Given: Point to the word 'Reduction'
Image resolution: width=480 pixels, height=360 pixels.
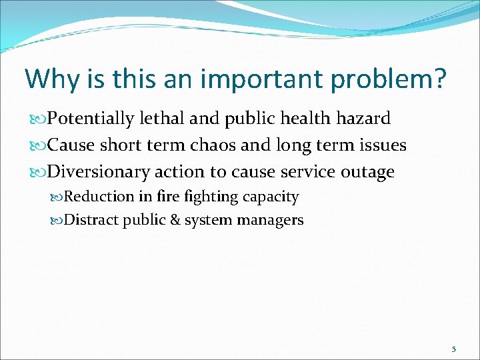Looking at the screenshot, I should click(99, 197).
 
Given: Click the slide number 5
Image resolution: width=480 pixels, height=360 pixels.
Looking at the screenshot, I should click(453, 349).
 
